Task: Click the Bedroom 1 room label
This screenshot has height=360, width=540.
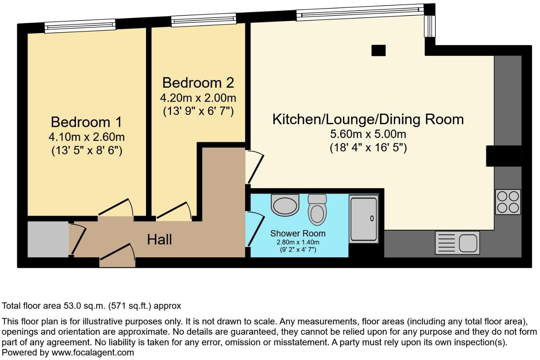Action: [x=86, y=122]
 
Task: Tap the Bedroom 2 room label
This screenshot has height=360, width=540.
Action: [x=198, y=83]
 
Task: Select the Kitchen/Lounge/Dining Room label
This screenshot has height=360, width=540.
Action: [x=368, y=119]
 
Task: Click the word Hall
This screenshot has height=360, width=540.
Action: [x=159, y=240]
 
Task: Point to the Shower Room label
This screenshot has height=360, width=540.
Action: [x=298, y=233]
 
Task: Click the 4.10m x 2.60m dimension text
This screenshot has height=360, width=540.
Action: [x=86, y=137]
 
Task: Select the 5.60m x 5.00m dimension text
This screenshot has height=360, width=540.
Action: [x=368, y=134]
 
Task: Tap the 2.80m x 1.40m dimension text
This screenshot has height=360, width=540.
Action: [x=298, y=242]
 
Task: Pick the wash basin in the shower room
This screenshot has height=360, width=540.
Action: [x=285, y=205]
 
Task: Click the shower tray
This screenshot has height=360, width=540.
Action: [x=363, y=219]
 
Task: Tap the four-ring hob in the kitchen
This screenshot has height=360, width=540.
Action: [x=508, y=202]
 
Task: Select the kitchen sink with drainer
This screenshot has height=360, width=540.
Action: [x=457, y=243]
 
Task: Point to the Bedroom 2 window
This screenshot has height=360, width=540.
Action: [x=203, y=20]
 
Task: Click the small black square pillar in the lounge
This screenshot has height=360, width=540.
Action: [x=378, y=50]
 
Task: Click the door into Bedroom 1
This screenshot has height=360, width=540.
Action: [x=116, y=210]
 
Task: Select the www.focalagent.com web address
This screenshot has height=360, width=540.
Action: [x=92, y=353]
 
